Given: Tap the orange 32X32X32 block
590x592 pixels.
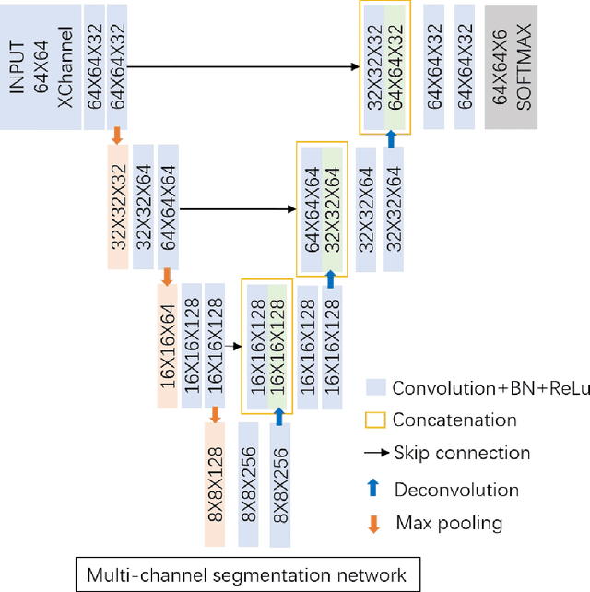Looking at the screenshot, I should [118, 207].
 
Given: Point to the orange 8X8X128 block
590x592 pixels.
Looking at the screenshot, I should [215, 484].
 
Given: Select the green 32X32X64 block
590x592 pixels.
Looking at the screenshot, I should [332, 207].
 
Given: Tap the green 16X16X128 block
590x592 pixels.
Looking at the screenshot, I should [278, 346].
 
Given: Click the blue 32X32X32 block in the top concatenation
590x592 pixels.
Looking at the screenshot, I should [373, 67].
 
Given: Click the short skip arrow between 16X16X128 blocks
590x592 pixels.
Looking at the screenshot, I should [233, 347].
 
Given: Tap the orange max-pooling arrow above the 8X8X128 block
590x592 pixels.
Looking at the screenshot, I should [215, 415].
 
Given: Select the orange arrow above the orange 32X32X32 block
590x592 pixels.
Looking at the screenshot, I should [117, 136].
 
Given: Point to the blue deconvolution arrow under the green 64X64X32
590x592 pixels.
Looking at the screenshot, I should [392, 138].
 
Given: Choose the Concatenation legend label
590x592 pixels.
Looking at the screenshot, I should [454, 420].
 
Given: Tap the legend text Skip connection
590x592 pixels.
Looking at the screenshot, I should [461, 453].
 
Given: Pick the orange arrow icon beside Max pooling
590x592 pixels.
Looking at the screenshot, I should [373, 524].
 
